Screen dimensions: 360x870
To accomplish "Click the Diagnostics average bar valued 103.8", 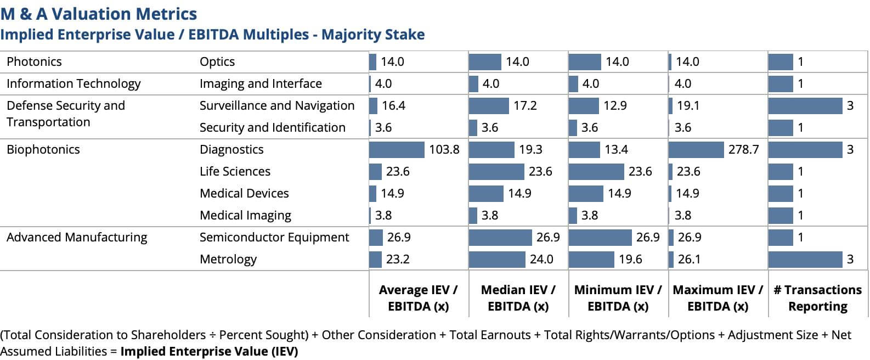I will coord(397,149).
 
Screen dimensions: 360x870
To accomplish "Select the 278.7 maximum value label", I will coord(743,149).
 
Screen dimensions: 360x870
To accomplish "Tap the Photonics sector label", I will coord(34,61).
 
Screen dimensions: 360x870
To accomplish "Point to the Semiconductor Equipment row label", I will coord(274,237).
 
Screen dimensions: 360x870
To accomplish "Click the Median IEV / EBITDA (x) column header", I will coord(518,298).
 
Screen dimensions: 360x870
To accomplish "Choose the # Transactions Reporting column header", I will coord(817,298).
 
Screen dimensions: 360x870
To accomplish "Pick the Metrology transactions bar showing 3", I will coord(805,259).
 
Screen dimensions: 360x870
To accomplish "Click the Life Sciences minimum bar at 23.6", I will coord(596,171).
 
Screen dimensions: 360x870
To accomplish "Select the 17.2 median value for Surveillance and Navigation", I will coord(525,105).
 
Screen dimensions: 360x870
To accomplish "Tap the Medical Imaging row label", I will coord(245,215).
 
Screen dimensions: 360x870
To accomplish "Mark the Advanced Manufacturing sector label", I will coord(77,237).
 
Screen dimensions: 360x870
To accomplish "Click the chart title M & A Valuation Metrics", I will coord(99,14).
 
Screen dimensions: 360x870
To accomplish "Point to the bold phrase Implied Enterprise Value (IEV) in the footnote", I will coord(209,351).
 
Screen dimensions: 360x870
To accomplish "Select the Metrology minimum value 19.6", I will coord(630,259).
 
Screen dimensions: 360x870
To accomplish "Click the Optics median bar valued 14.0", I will coord(485,61).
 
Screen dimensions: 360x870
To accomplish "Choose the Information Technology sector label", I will coord(74,83).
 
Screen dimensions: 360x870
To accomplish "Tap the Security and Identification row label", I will coord(272,127).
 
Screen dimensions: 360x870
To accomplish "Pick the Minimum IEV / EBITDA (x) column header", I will coord(618,298).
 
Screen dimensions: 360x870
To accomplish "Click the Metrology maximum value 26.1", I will coord(689,259).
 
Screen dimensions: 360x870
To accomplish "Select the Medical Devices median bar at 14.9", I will coord(486,193).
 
